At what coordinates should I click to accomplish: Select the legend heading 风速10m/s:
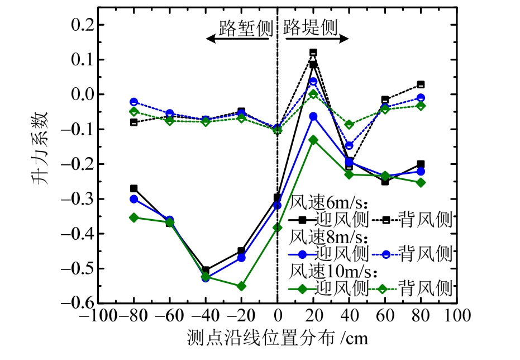333,272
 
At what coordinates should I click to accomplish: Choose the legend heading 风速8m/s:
331,236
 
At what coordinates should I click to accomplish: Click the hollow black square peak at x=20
313,53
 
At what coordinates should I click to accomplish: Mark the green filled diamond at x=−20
241,286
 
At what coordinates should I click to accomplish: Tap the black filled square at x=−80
134,188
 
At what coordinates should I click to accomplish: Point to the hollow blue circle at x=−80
134,102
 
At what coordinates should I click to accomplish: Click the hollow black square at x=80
421,84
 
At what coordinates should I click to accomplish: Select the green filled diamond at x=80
421,183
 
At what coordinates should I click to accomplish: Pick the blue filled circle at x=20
313,116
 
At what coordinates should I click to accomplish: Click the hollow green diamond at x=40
349,125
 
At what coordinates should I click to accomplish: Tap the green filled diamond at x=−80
134,217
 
